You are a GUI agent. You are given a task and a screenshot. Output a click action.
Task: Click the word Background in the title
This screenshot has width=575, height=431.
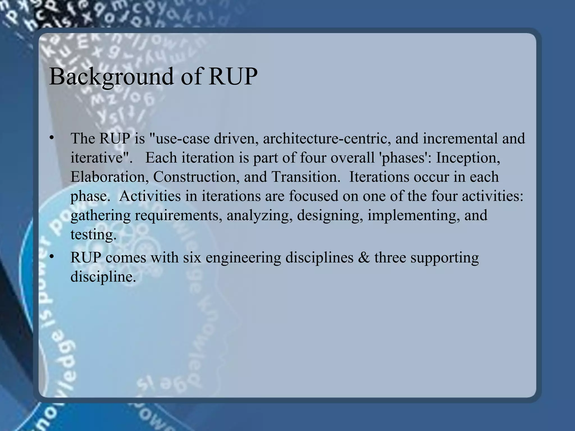click(x=111, y=77)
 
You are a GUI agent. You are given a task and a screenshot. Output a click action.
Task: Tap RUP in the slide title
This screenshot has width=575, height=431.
click(x=233, y=77)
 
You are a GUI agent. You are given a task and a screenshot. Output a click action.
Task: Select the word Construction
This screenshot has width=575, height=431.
click(x=196, y=177)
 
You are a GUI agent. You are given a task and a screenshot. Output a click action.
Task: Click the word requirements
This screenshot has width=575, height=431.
click(x=179, y=215)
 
